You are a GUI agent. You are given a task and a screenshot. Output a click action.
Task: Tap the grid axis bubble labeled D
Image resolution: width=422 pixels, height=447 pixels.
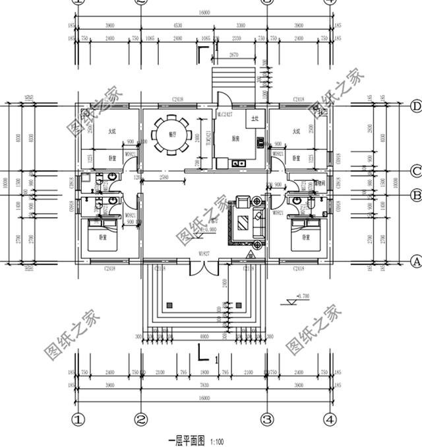(415, 106)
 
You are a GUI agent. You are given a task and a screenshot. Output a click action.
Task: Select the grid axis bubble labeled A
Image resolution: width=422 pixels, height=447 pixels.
(415, 261)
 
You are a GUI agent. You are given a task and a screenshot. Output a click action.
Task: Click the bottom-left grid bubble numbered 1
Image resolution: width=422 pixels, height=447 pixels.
(78, 419)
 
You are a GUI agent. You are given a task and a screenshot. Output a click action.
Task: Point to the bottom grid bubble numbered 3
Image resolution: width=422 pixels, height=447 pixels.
(267, 419)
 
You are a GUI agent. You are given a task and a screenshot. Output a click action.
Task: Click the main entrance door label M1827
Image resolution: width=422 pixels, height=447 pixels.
(204, 254)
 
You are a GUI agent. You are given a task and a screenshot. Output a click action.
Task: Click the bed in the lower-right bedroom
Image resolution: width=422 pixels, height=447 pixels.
(304, 235)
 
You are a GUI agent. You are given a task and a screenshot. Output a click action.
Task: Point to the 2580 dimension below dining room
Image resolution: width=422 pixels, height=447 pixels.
(163, 178)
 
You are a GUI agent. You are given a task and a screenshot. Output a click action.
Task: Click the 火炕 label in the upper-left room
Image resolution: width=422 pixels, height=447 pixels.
(111, 131)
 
